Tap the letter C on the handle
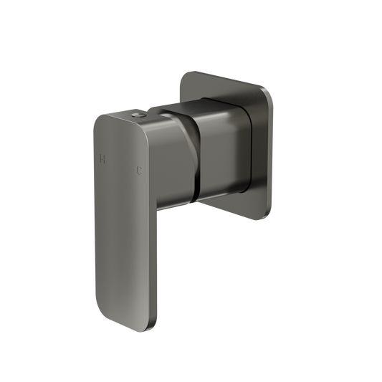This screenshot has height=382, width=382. coord(139,169)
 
